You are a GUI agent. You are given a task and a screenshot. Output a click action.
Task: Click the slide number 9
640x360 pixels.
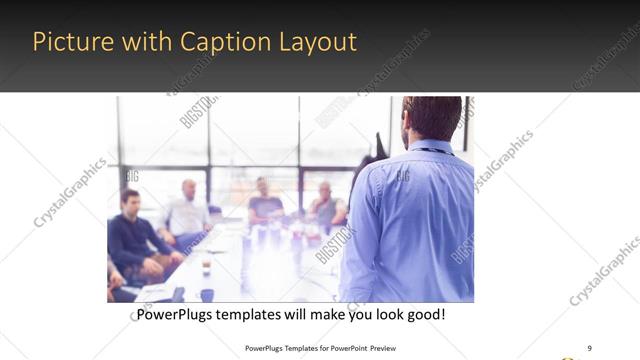[589, 347]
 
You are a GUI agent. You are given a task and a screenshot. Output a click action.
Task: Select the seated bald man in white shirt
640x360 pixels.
[187, 213]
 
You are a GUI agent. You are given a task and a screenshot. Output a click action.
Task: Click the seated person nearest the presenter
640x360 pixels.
[325, 208]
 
